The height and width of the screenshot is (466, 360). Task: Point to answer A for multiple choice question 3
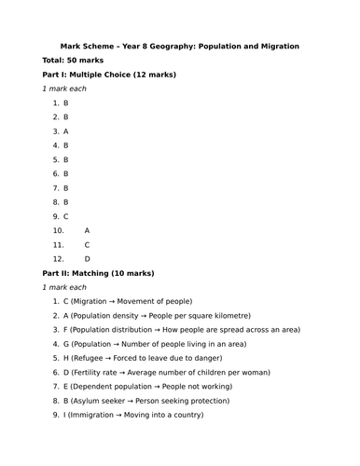click(x=66, y=131)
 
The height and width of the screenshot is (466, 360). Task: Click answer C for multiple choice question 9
click(x=66, y=216)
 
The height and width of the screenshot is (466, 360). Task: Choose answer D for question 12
click(x=87, y=258)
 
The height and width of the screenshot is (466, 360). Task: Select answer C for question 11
click(x=87, y=244)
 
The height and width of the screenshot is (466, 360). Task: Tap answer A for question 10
click(x=87, y=230)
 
